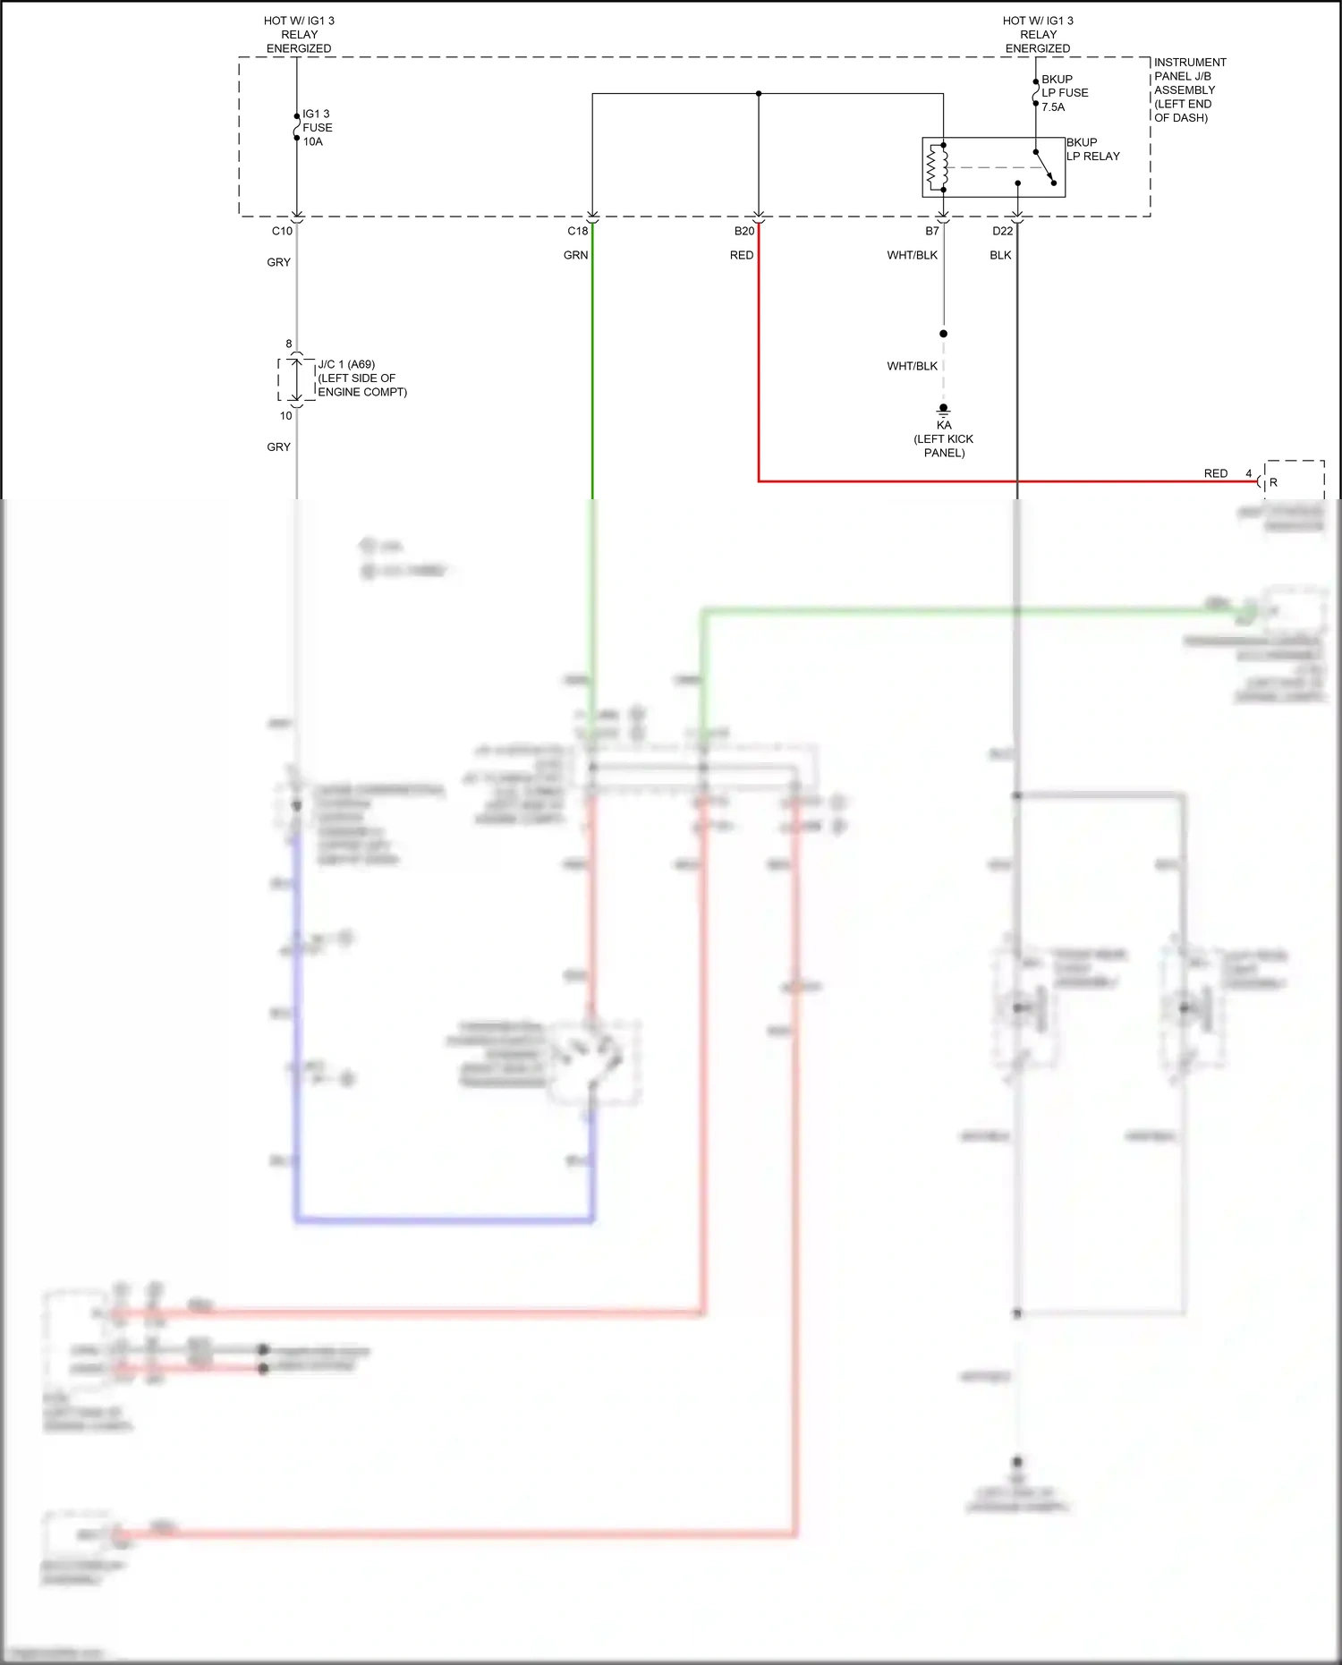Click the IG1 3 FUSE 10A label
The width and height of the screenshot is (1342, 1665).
(317, 128)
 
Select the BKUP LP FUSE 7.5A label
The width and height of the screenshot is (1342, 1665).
(1065, 93)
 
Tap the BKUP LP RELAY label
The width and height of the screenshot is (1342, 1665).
(1092, 149)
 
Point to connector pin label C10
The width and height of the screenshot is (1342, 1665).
(282, 231)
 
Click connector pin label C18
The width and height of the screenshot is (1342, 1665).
(577, 231)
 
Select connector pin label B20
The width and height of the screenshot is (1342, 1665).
(744, 231)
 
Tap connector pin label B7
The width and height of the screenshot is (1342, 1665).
(932, 231)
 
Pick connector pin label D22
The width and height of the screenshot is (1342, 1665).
(1002, 231)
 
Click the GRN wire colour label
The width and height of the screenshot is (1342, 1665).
(575, 255)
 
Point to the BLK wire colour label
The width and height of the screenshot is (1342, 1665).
(1000, 255)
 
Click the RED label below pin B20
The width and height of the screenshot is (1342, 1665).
(742, 255)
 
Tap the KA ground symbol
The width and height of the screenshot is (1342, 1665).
(943, 411)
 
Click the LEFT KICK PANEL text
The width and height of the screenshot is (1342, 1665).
(943, 446)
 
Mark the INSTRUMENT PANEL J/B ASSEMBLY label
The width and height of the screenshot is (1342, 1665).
(1189, 89)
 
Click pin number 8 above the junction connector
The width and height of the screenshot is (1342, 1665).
(289, 344)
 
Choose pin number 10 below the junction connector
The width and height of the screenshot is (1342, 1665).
(285, 415)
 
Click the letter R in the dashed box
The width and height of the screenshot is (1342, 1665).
(1273, 482)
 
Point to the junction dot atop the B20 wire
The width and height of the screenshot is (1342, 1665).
(759, 93)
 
